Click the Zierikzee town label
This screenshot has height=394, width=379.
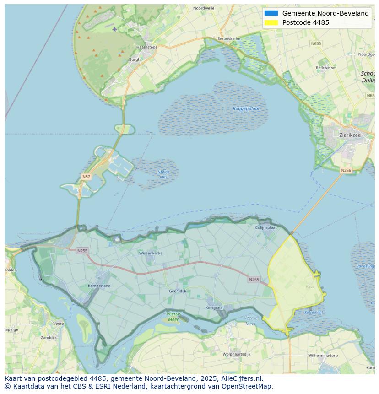click(x=350, y=135)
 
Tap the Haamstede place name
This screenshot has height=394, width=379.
click(x=147, y=47)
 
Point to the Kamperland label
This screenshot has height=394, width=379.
click(x=99, y=286)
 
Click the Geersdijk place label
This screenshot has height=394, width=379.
click(x=177, y=291)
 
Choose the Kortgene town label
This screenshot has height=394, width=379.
click(x=214, y=308)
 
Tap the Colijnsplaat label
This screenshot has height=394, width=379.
click(x=266, y=227)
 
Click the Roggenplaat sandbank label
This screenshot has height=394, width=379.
click(x=246, y=108)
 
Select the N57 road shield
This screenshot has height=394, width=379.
click(x=86, y=177)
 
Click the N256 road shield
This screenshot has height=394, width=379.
click(x=346, y=170)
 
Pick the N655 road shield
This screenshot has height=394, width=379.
click(x=316, y=43)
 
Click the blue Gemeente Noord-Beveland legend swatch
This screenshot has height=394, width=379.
click(x=271, y=13)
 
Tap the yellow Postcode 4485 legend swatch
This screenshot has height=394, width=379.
click(x=271, y=22)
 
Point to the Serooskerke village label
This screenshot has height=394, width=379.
click(x=229, y=39)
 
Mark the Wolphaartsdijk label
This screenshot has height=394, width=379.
click(x=237, y=354)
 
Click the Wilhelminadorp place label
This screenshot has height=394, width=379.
click(x=323, y=355)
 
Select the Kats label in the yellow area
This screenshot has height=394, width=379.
click(x=310, y=287)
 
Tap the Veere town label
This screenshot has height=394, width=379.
click(x=59, y=324)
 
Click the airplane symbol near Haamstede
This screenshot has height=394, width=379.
click(x=114, y=29)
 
